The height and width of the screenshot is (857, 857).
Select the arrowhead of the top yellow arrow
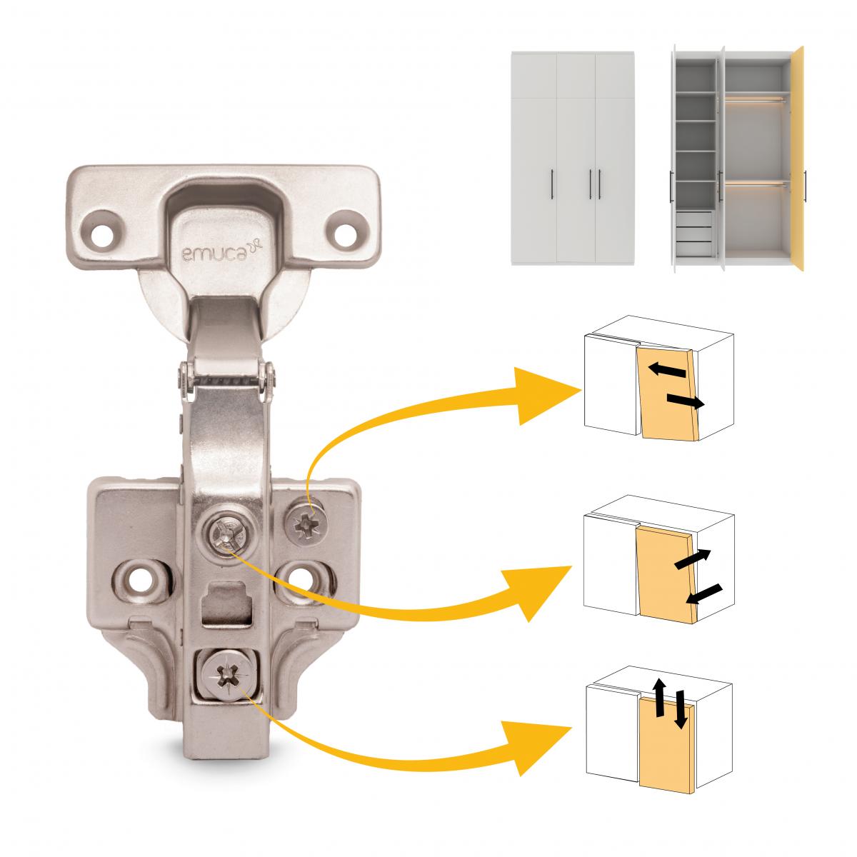(550, 391)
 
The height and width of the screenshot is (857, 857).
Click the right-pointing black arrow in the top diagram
(684, 401)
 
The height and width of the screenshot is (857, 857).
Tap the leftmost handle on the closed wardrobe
(554, 185)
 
